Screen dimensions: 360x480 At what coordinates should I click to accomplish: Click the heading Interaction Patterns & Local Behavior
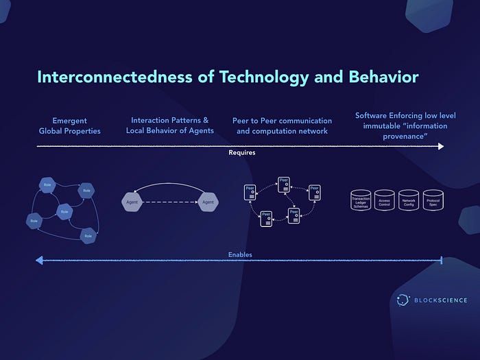point(169,125)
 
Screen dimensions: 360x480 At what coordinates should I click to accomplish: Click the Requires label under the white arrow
point(241,153)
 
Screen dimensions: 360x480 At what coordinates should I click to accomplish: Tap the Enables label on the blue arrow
point(240,255)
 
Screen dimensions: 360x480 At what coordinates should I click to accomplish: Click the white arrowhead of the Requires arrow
point(440,146)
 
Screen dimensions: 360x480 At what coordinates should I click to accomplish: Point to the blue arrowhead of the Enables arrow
point(39,261)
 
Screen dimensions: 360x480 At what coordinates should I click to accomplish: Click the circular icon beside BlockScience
point(403,300)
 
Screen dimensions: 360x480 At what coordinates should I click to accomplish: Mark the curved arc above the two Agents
point(169,184)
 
